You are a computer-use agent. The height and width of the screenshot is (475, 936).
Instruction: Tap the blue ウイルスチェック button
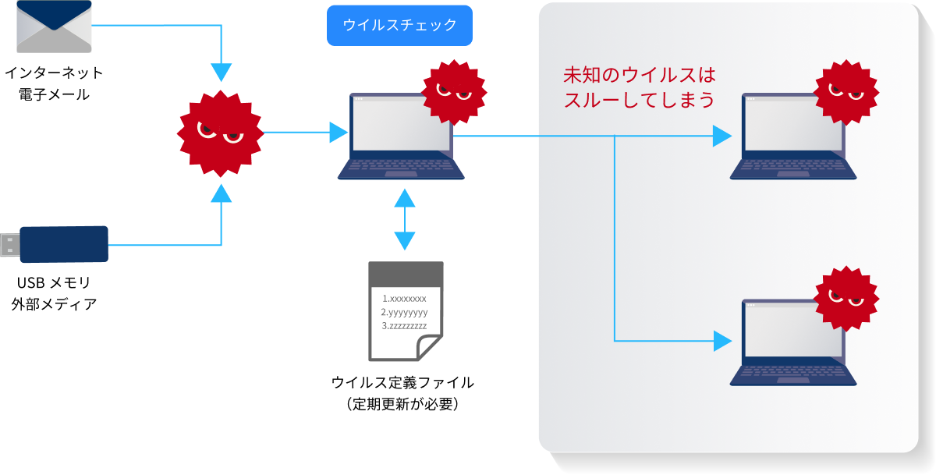pos(399,25)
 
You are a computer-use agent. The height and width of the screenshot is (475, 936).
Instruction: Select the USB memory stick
pos(63,245)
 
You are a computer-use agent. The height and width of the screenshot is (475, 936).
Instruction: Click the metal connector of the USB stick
pos(9,245)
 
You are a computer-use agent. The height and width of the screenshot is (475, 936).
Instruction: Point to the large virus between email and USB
pos(221,133)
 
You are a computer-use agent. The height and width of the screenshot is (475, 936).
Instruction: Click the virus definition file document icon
pos(406,311)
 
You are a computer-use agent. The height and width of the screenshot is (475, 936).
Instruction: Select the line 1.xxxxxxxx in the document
pos(404,299)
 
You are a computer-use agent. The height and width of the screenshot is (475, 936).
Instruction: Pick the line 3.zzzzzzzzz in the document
pos(404,325)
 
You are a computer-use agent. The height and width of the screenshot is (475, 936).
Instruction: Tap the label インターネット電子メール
pos(53,84)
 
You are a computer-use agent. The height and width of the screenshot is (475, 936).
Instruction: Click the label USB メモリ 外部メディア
pos(54,292)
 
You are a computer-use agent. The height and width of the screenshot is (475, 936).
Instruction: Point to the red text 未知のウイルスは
pos(639,76)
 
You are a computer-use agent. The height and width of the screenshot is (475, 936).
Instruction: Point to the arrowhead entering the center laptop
pos(338,133)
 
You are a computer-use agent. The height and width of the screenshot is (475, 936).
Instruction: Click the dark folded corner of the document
pos(430,347)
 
